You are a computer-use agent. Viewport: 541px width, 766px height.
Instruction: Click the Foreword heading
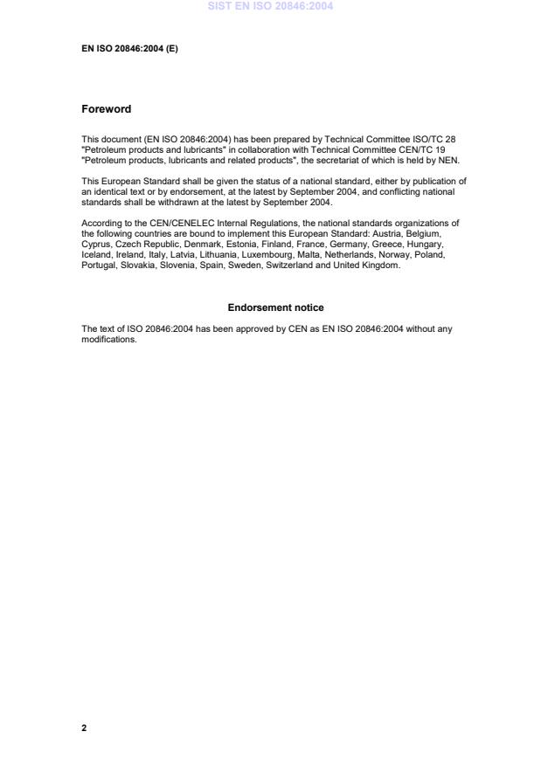106,109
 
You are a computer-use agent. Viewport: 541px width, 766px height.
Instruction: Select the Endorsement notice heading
275,307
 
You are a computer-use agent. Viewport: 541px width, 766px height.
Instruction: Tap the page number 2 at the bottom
84,728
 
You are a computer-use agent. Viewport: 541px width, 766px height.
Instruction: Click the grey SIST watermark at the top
270,6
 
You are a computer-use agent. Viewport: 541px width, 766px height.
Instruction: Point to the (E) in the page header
171,49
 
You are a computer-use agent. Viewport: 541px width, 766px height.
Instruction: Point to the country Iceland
96,255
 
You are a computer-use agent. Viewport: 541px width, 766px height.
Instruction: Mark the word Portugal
99,266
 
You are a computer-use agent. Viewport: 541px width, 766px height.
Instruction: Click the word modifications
109,339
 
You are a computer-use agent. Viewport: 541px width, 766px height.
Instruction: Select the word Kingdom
380,266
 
